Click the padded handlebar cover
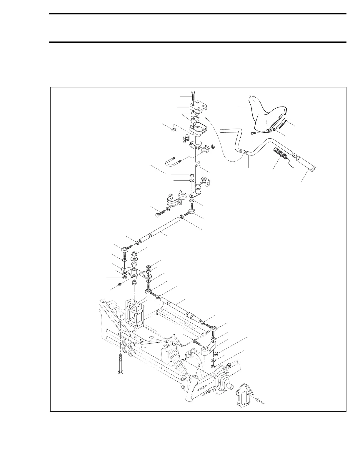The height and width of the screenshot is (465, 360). [265, 115]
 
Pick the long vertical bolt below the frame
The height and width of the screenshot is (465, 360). [120, 365]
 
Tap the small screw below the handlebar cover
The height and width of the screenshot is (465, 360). [252, 134]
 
